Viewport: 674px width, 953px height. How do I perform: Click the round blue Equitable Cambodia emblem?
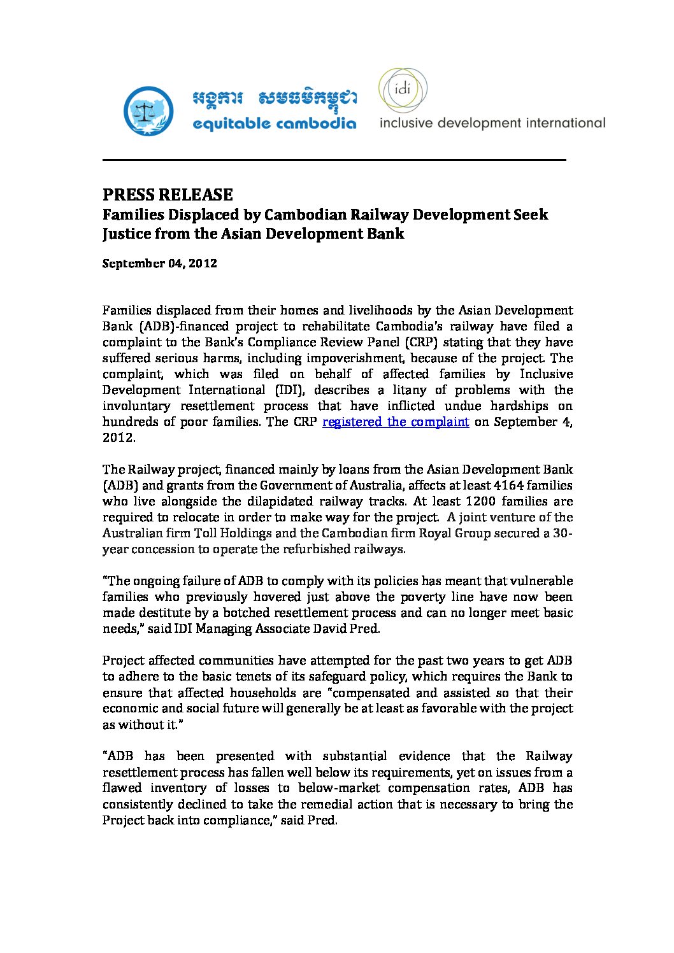tap(148, 111)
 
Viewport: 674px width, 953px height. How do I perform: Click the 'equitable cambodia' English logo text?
tap(274, 123)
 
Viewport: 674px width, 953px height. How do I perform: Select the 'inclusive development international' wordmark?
tap(492, 123)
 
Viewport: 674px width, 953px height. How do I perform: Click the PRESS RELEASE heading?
tap(168, 194)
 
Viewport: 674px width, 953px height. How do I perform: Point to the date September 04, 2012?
tap(160, 264)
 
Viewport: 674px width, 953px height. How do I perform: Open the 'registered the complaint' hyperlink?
tap(396, 422)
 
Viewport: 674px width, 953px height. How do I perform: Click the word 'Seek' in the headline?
tap(531, 215)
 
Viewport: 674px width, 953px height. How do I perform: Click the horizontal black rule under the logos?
tap(334, 160)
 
